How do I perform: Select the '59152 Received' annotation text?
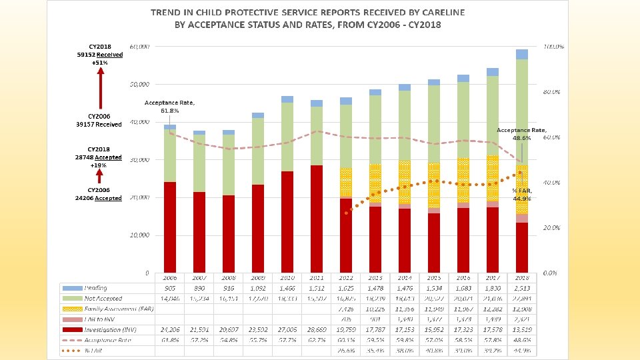pos(100,55)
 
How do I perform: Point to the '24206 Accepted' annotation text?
pos(100,198)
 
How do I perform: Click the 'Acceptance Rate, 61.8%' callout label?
pos(169,107)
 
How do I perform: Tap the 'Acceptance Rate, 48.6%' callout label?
pos(522,134)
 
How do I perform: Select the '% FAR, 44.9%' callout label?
pos(521,194)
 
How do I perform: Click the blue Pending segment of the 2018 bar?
pos(522,55)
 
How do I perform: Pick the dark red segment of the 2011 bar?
pos(317,220)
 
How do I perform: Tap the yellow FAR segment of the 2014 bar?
pos(405,182)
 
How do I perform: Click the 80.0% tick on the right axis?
pos(553,91)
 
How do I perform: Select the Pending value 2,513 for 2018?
pos(522,288)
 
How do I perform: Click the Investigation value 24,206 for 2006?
pos(170,329)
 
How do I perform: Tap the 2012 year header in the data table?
pos(346,277)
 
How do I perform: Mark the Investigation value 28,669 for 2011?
pos(317,329)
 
